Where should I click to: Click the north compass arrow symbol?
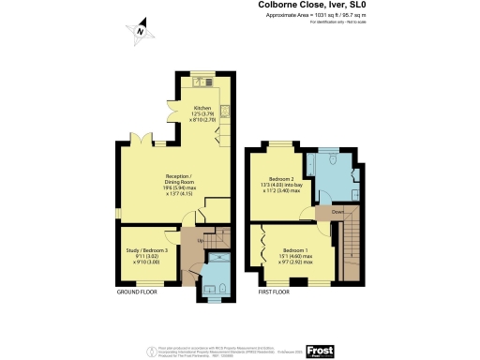[139, 31]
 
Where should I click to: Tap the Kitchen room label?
[202, 114]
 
